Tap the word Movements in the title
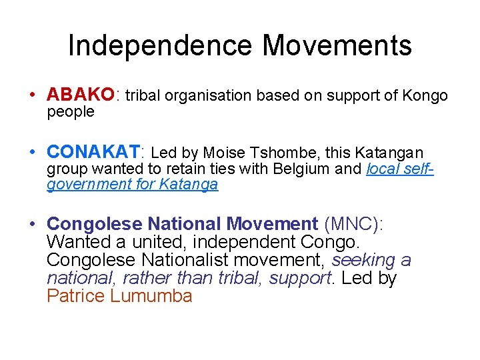point(337,46)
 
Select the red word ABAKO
point(81,95)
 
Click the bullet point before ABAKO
point(33,95)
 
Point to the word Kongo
point(425,95)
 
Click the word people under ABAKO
point(70,112)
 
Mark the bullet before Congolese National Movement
point(33,224)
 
